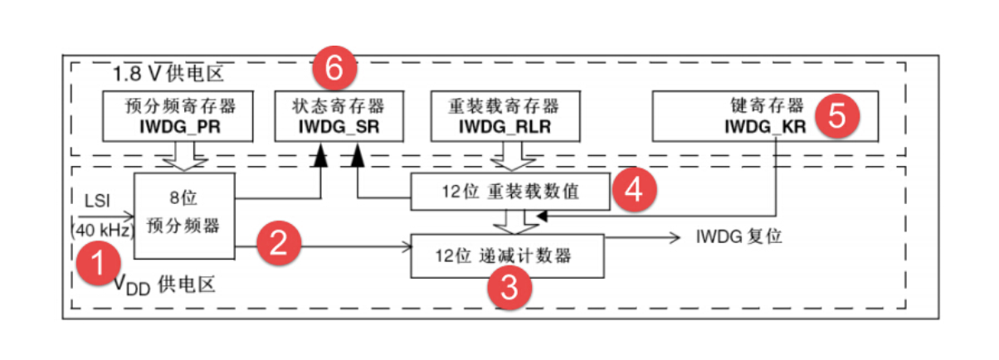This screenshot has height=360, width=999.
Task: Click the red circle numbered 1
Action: (x=98, y=265)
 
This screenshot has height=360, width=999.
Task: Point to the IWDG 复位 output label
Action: (x=738, y=236)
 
